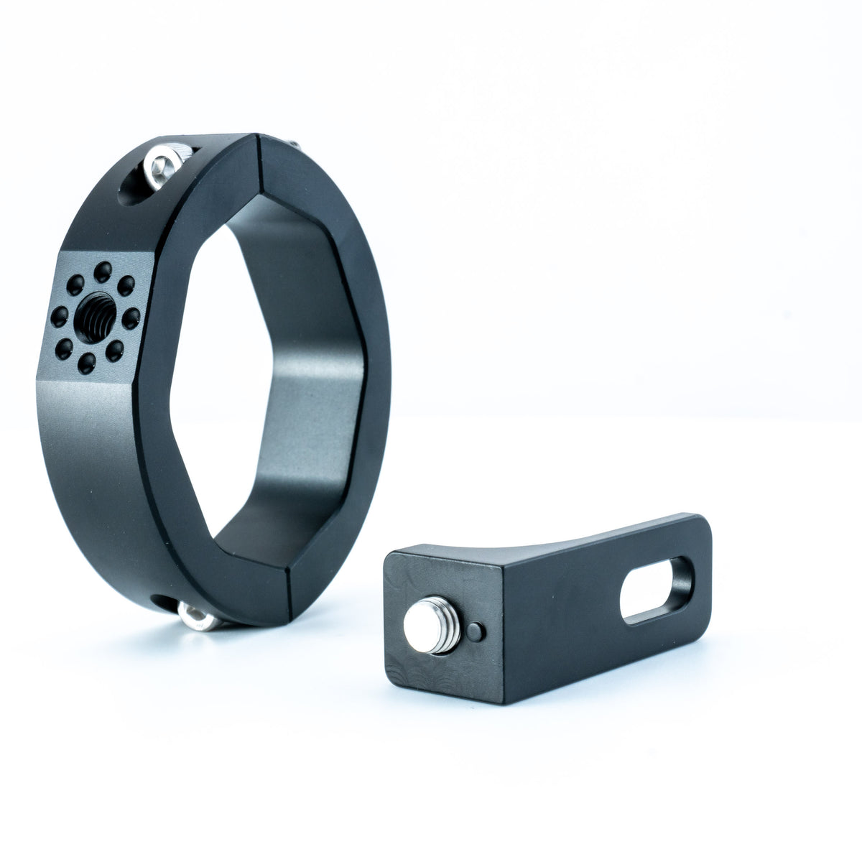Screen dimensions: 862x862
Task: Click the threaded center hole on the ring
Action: (94, 313)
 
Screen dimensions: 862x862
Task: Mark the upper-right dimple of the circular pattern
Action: (126, 285)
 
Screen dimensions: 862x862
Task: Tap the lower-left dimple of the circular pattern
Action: (64, 349)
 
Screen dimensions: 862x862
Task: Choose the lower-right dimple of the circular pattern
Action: (115, 351)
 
